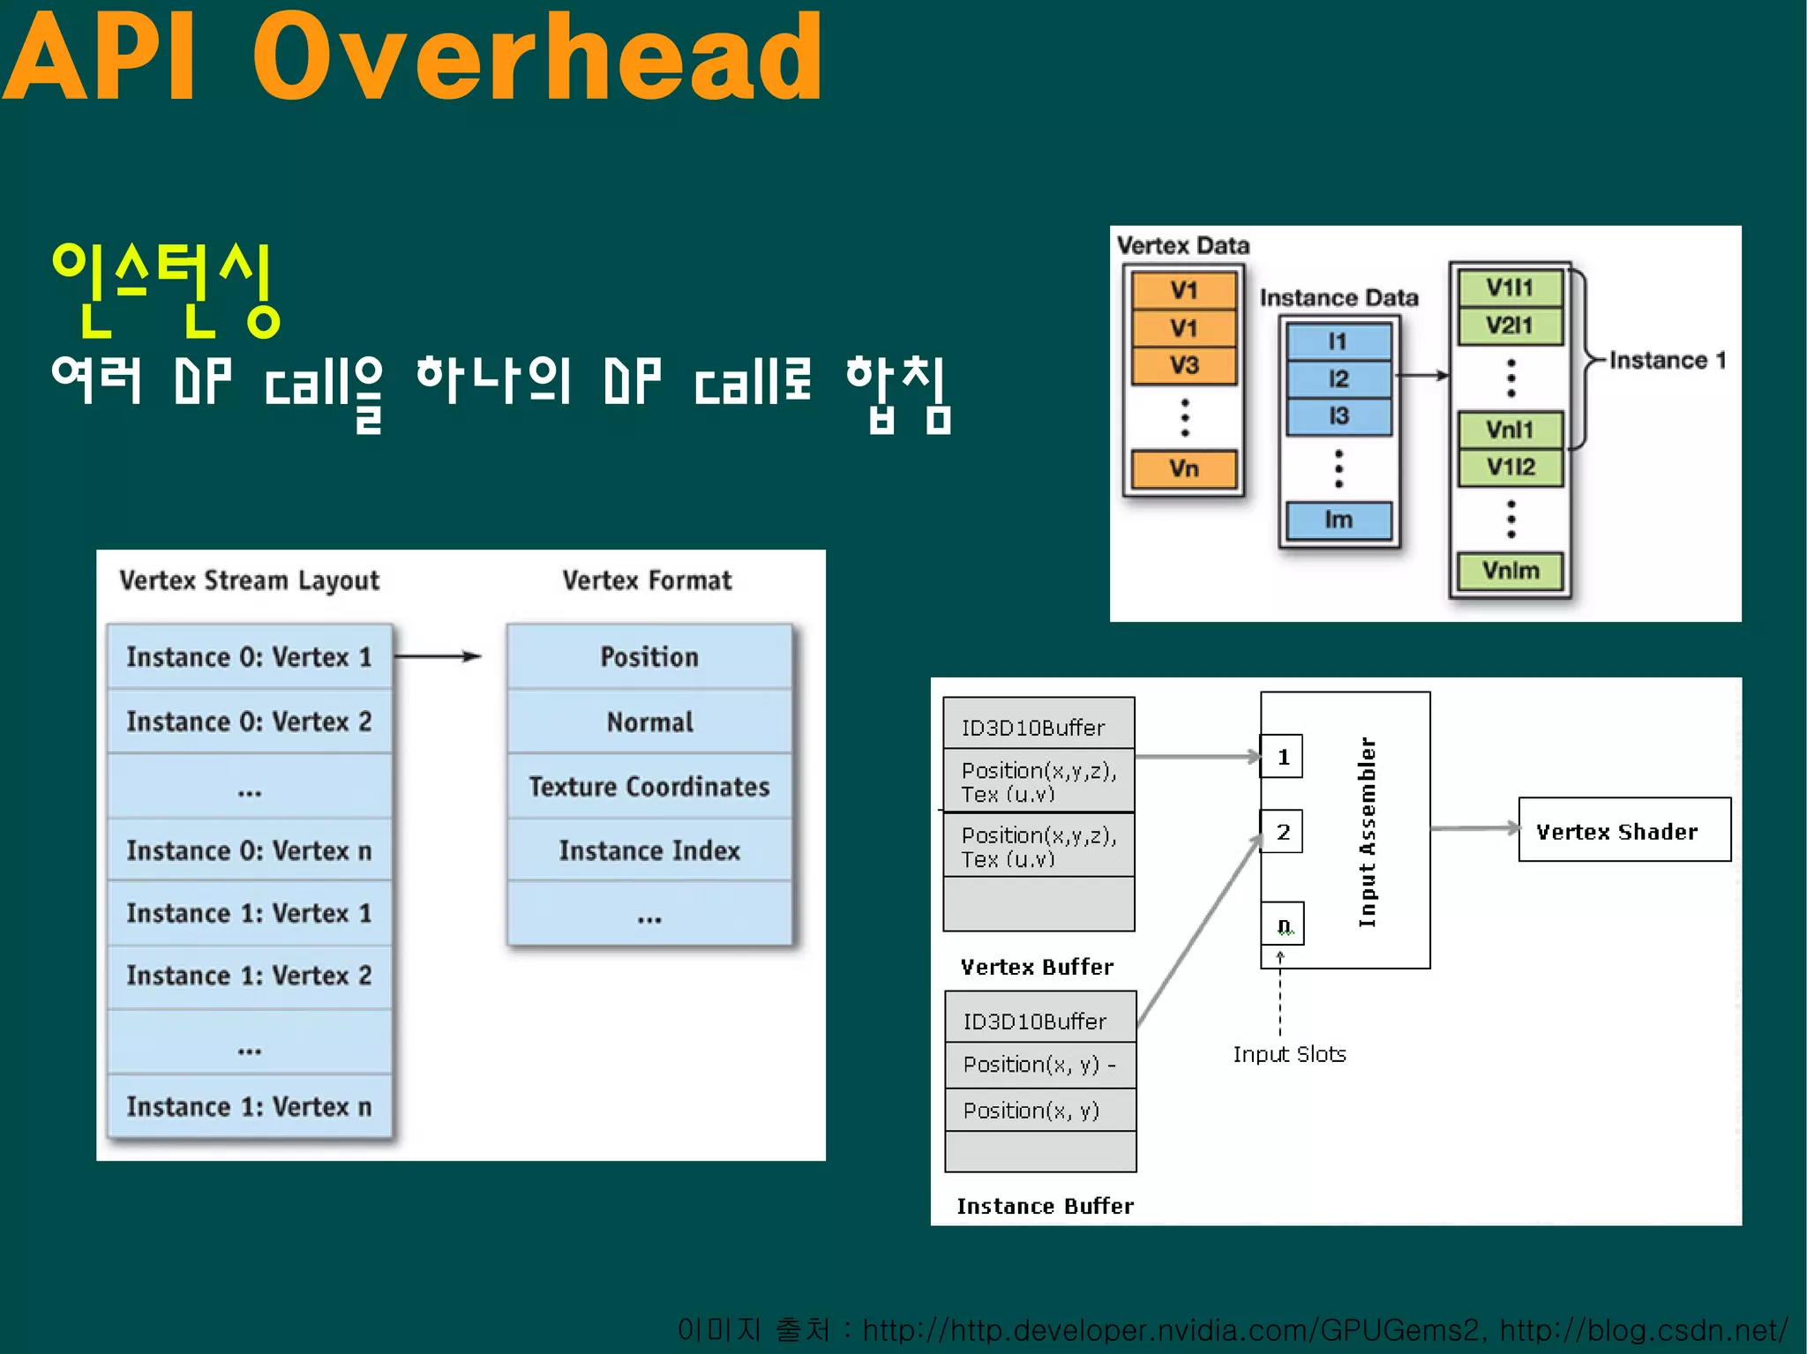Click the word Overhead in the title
point(538,60)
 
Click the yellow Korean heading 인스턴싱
point(166,291)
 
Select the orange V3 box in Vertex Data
point(1184,365)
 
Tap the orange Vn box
point(1184,468)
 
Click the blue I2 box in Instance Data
point(1338,379)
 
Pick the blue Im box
point(1338,520)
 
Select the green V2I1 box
point(1510,325)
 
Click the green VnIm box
point(1510,571)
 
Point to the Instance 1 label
point(1667,360)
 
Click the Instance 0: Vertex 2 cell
point(249,722)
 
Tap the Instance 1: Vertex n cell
point(249,1106)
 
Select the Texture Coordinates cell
point(649,786)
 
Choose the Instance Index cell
point(649,850)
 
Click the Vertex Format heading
point(647,580)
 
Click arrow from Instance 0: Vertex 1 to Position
point(437,656)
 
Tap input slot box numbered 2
point(1283,832)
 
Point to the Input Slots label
point(1289,1054)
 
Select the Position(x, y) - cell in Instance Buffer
point(1039,1065)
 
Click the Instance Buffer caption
point(1045,1206)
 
